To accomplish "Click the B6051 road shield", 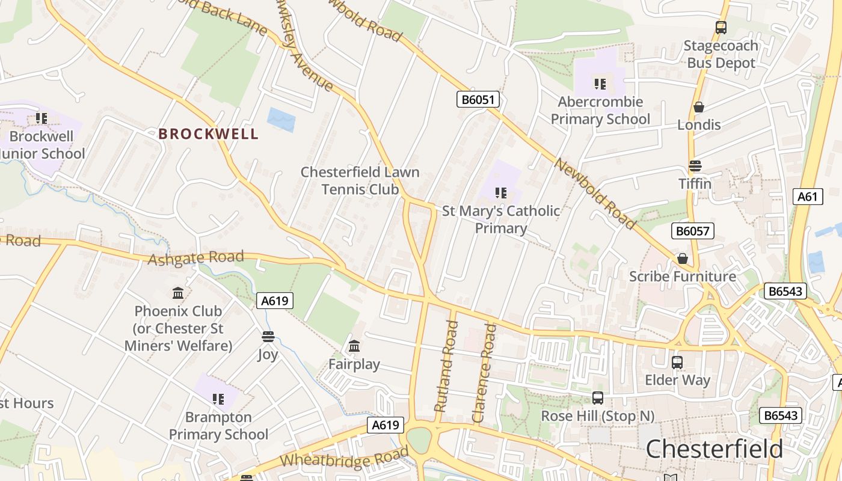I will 478,99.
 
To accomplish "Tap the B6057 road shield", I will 692,231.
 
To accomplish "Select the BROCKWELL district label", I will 209,133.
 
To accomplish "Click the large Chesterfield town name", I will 714,449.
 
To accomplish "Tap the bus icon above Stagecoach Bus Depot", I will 721,28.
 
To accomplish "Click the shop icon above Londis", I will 699,107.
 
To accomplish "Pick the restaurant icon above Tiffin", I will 695,166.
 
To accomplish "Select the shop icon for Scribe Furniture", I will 683,259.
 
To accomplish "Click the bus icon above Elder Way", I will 677,363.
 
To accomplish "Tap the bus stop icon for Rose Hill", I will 598,398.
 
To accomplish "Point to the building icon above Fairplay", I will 354,346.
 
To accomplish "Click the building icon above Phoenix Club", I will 178,293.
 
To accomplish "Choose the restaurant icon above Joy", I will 268,337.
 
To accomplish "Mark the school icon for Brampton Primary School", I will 218,399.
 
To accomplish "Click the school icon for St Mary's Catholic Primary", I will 501,193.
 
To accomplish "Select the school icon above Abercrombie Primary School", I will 600,84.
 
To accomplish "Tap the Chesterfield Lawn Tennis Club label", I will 360,180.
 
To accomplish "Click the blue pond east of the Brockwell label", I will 281,120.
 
